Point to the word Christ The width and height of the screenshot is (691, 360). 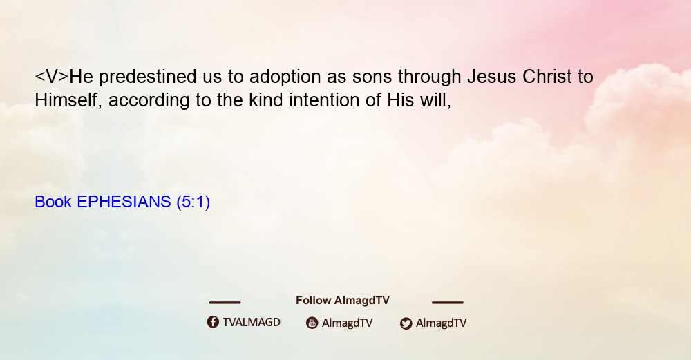pos(547,77)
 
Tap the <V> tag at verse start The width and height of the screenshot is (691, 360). pos(52,77)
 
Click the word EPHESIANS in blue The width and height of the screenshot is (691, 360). pos(124,202)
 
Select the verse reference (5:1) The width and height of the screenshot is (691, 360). pos(193,202)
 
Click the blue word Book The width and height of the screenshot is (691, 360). pos(53,202)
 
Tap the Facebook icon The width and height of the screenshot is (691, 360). pos(213,322)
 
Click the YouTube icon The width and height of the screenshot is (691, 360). pos(312,323)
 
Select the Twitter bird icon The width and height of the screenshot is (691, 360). pos(406,323)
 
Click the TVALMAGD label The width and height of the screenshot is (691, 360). pos(252,323)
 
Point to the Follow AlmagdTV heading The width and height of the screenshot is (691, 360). pos(343,301)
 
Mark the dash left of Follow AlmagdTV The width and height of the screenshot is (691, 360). pos(225,302)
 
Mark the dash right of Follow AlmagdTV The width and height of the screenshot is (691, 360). pos(448,302)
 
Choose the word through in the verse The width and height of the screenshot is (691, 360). pos(429,77)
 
